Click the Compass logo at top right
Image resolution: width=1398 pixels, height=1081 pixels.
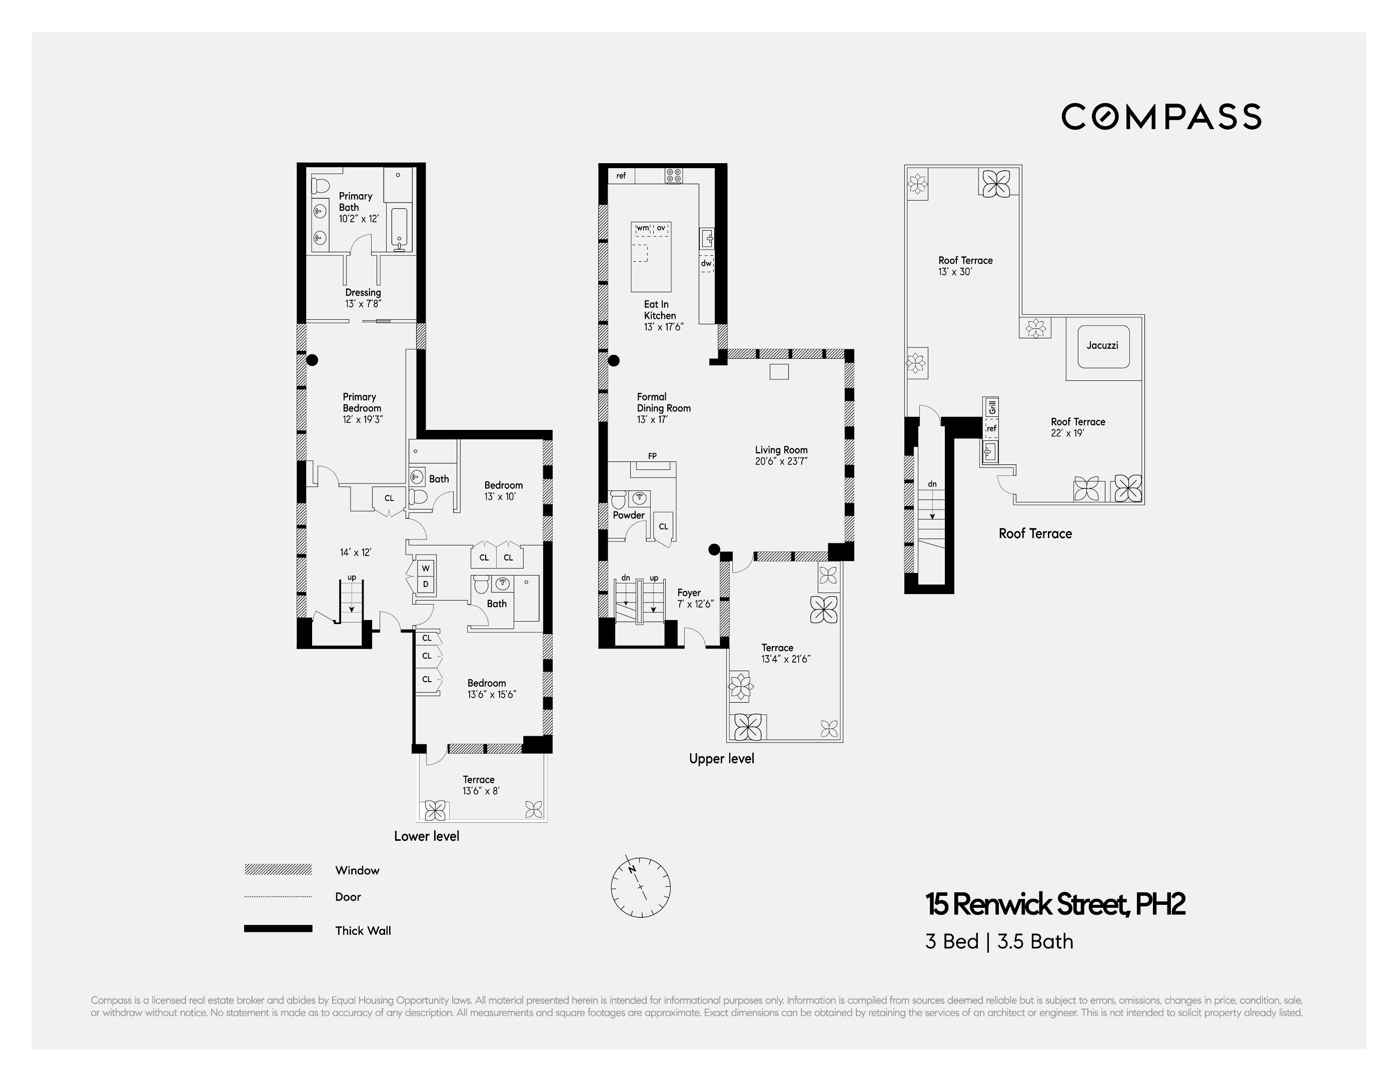1161,117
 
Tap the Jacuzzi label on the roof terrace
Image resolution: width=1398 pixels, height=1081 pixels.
1102,345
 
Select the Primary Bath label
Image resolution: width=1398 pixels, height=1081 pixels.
355,202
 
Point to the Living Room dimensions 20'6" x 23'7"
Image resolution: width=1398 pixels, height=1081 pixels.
781,461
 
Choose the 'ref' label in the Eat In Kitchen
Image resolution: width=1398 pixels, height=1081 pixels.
621,176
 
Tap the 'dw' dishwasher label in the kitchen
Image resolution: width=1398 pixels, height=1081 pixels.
705,263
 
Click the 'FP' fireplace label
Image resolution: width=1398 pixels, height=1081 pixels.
652,456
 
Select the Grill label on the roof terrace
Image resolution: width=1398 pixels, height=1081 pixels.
991,407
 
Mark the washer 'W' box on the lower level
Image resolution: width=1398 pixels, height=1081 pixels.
426,569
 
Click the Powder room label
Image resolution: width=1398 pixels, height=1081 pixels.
629,515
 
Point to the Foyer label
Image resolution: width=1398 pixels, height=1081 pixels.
689,593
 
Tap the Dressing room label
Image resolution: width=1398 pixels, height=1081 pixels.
363,293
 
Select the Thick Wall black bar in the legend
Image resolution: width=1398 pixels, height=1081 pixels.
278,928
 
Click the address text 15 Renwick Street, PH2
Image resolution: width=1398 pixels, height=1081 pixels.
1055,904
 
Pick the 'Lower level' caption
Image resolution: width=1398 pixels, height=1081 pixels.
426,836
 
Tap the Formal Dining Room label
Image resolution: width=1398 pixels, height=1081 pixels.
663,402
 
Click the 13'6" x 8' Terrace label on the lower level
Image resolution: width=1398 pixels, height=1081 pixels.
480,785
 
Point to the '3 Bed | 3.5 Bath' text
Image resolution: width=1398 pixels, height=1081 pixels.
998,942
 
